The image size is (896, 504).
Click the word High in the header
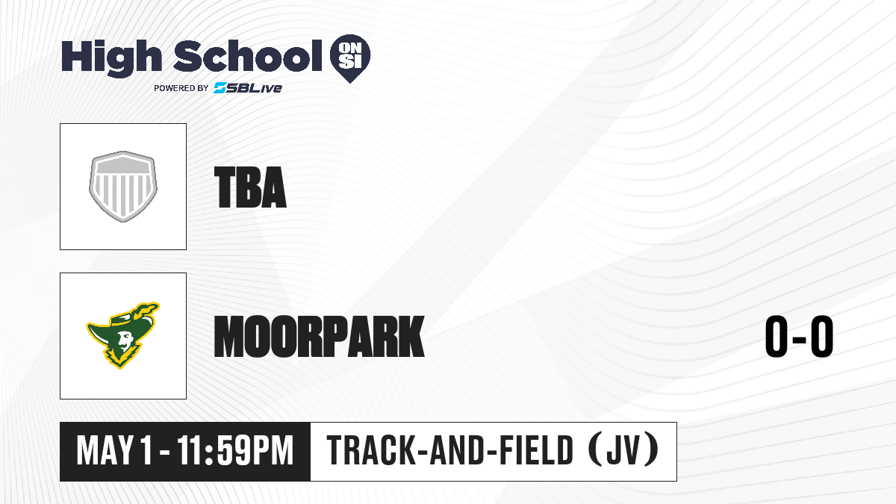click(111, 57)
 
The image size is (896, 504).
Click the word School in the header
click(248, 56)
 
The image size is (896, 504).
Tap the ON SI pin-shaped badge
click(350, 58)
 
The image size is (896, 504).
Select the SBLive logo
click(247, 87)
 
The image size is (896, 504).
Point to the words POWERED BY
click(181, 88)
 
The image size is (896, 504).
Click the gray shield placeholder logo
click(123, 187)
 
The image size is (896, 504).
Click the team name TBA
click(250, 187)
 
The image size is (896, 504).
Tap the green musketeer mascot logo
click(122, 335)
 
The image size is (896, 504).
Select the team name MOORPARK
click(320, 336)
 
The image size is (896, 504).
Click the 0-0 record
click(799, 336)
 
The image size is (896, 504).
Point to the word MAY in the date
click(105, 450)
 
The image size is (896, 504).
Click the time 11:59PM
click(235, 450)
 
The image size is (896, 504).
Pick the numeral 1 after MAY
click(146, 450)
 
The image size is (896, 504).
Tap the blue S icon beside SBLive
click(220, 87)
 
